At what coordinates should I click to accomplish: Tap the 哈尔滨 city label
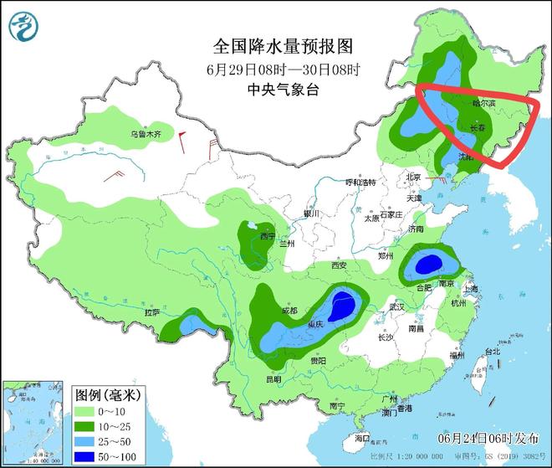click(483, 105)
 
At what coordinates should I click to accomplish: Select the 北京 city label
click(412, 177)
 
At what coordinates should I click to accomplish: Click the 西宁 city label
click(268, 237)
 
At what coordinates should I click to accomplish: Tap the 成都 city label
click(289, 311)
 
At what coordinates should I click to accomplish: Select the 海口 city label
click(361, 437)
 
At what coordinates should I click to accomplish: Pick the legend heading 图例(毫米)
click(107, 393)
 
